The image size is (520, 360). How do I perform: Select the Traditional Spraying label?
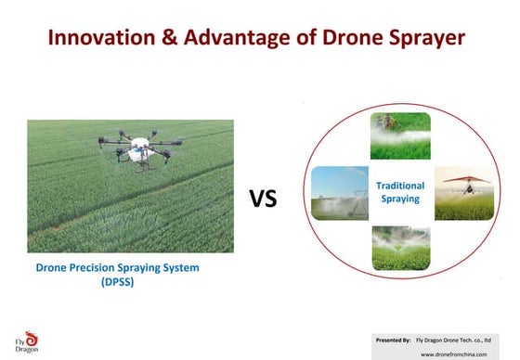[400, 193]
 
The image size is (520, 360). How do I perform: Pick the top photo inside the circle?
[400, 135]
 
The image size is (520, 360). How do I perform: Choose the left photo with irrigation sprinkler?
[339, 192]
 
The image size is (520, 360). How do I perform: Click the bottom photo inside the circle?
[400, 249]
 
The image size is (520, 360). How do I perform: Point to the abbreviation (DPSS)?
[117, 283]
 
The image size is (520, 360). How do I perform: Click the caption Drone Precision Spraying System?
[117, 268]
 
